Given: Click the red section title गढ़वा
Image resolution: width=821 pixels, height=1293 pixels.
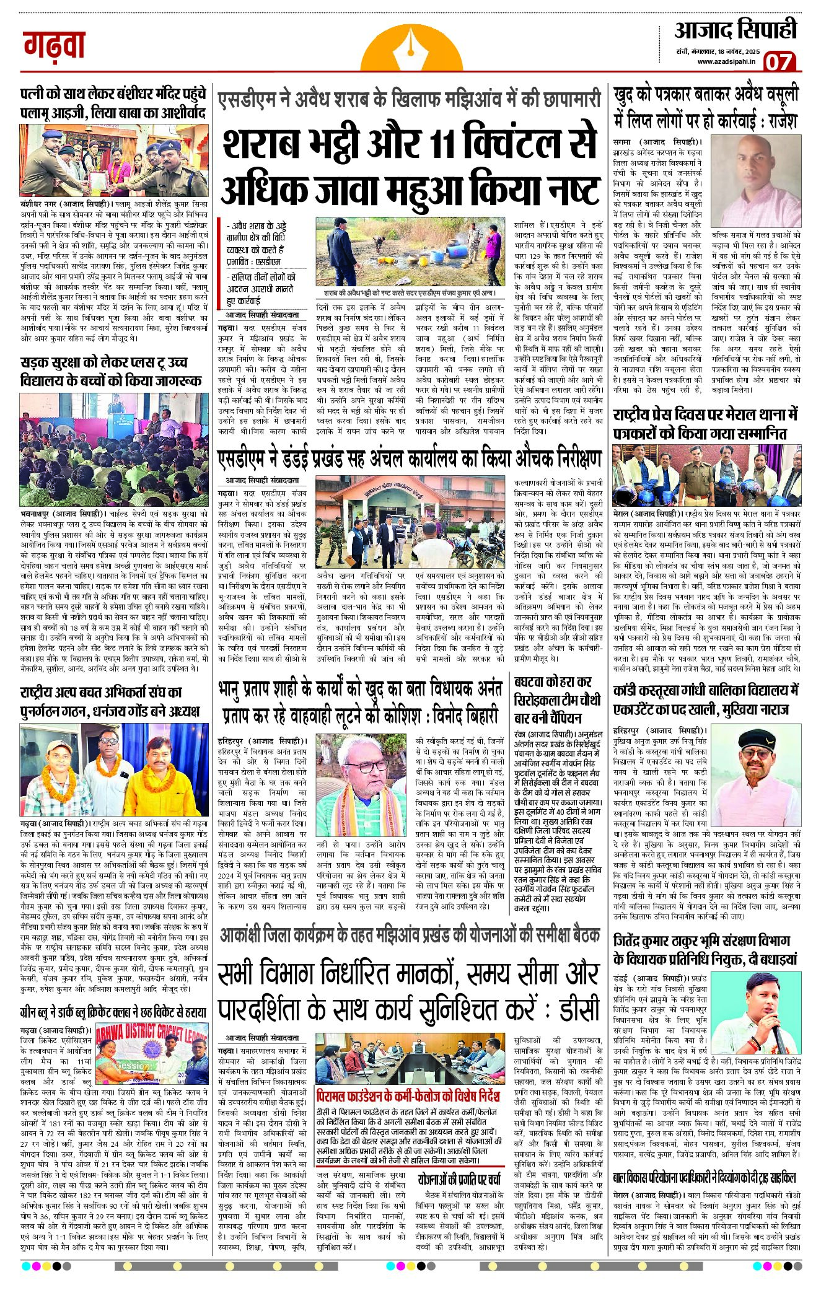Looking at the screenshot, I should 55,46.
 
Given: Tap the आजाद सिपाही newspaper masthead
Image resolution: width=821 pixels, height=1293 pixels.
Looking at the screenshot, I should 735,30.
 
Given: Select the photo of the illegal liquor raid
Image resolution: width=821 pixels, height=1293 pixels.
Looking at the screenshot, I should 411,250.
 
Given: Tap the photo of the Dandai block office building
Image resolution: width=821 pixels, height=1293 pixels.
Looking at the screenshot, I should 411,521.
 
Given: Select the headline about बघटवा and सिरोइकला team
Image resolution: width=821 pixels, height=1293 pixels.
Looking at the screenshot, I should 556,700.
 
